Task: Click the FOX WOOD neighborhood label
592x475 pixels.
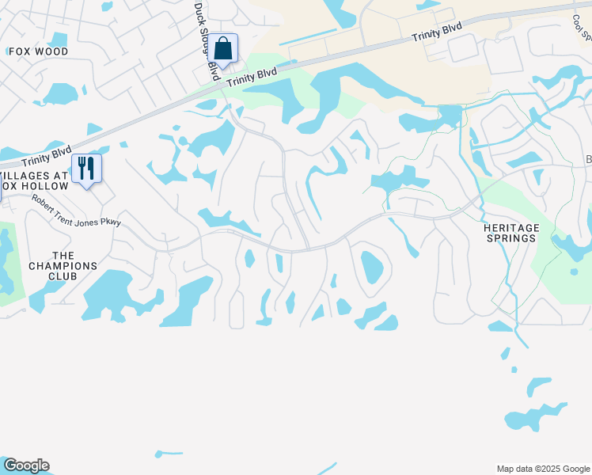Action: coord(38,51)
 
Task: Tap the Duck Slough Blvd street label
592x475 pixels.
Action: coord(207,40)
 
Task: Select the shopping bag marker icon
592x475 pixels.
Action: coord(224,48)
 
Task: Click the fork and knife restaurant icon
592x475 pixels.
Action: coord(86,168)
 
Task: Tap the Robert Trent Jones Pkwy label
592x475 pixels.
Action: coord(77,211)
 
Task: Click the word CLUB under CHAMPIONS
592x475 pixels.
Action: coord(63,277)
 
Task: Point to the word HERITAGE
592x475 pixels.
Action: coord(512,227)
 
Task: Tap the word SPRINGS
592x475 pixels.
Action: coord(512,238)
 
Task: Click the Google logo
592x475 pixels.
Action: coord(26,465)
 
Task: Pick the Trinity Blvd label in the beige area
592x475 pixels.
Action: coord(437,33)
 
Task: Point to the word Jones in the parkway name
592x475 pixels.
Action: coord(89,215)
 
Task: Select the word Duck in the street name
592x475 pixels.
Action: coord(199,14)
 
